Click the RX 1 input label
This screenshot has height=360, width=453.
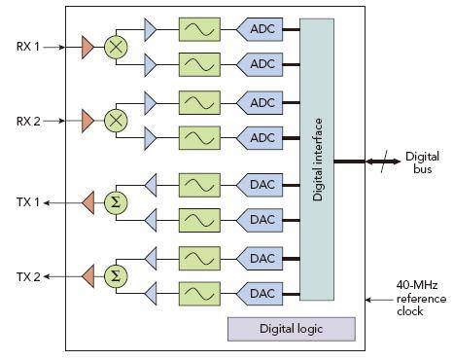tap(28, 47)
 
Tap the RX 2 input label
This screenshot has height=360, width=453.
tap(28, 122)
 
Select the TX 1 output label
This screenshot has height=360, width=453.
tap(28, 202)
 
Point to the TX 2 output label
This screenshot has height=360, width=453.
tap(28, 277)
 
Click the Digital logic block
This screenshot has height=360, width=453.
tap(292, 329)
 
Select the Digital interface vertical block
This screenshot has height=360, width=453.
tap(317, 160)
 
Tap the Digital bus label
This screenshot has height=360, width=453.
tap(422, 162)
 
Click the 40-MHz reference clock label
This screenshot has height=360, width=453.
tap(421, 299)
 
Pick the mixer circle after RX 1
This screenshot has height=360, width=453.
tap(116, 47)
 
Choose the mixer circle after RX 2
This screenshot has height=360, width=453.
tap(116, 121)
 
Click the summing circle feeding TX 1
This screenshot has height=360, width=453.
tap(116, 202)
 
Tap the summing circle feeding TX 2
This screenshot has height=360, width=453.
tap(116, 276)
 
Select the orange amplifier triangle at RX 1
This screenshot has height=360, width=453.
tap(87, 48)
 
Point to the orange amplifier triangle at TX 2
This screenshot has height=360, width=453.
tap(87, 276)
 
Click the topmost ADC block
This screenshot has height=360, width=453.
tap(260, 29)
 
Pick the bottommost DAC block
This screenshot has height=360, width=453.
tap(260, 294)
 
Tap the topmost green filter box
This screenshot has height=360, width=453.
tap(199, 29)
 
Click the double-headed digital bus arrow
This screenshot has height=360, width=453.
tap(383, 162)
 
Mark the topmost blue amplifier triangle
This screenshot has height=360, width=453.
tap(150, 29)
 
